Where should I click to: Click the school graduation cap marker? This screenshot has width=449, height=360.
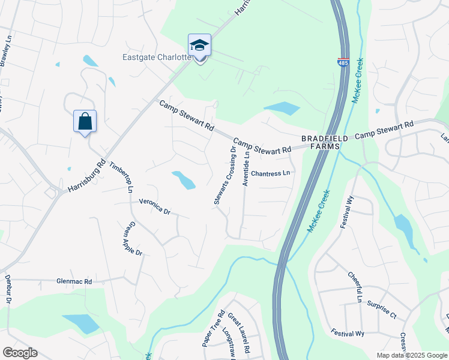tap(200, 46)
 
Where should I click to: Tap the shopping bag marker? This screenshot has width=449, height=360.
tap(85, 122)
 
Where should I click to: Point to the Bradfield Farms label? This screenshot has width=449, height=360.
tap(325, 142)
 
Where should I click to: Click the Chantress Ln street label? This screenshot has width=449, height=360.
tap(271, 173)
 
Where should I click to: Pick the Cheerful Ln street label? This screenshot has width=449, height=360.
tap(355, 287)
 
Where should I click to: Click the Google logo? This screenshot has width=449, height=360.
tap(20, 353)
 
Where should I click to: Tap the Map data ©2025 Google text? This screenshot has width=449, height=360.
tap(411, 355)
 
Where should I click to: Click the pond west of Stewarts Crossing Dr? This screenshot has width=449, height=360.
tap(184, 179)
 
